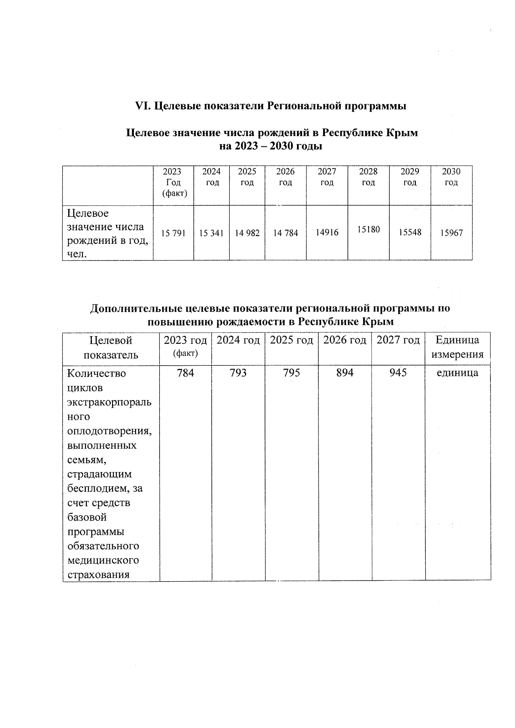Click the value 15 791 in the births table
[173, 234]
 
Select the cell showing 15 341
[211, 234]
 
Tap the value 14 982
[247, 234]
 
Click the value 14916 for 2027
[327, 233]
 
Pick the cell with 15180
[368, 230]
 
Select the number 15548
[410, 233]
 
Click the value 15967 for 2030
[451, 233]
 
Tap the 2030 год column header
[451, 177]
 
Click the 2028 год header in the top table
[368, 177]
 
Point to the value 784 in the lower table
[185, 373]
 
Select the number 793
[238, 373]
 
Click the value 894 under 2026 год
[345, 373]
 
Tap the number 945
[398, 373]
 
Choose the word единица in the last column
[457, 373]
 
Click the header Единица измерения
[457, 347]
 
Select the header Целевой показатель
[111, 347]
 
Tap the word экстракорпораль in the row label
[109, 403]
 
